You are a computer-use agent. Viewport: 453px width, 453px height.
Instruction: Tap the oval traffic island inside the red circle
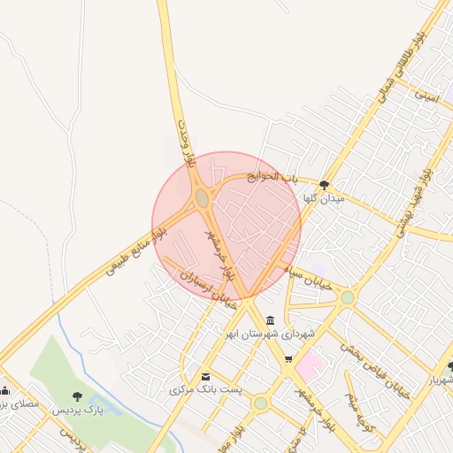tap(203, 199)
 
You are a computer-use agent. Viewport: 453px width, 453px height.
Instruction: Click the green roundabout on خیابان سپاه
tap(348, 298)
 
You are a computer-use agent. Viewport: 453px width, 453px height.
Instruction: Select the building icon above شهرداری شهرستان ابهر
tap(269, 319)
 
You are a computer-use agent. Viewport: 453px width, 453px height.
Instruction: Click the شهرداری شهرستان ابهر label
tap(270, 334)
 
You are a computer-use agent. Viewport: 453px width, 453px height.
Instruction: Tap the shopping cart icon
tap(288, 358)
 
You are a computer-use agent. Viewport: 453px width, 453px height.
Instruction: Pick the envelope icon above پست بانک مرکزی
tap(206, 375)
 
